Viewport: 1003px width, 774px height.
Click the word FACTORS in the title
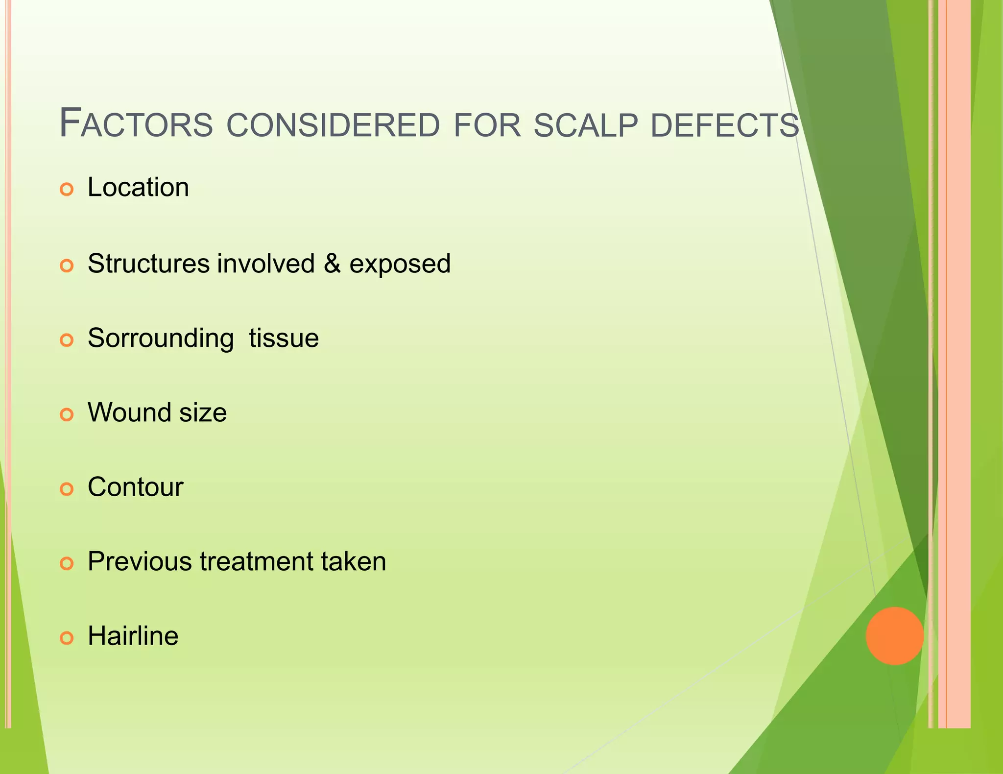click(x=136, y=124)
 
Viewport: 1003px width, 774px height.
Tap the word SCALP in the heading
click(x=585, y=125)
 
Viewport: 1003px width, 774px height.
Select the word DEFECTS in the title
click(x=725, y=125)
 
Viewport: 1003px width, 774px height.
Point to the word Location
click(x=138, y=188)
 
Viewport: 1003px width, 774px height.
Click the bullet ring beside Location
click(x=67, y=189)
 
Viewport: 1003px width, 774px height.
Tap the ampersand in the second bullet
click(x=332, y=264)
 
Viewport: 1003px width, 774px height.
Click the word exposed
click(x=400, y=265)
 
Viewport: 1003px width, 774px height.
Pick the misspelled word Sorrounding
click(x=161, y=339)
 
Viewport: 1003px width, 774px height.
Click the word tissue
click(x=284, y=338)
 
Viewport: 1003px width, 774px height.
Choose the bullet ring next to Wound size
click(x=67, y=414)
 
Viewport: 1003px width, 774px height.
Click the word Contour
click(x=135, y=487)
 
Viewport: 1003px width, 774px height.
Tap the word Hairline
click(x=133, y=636)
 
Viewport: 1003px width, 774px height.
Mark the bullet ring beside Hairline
click(x=67, y=638)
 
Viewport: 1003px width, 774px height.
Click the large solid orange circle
click(x=894, y=636)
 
